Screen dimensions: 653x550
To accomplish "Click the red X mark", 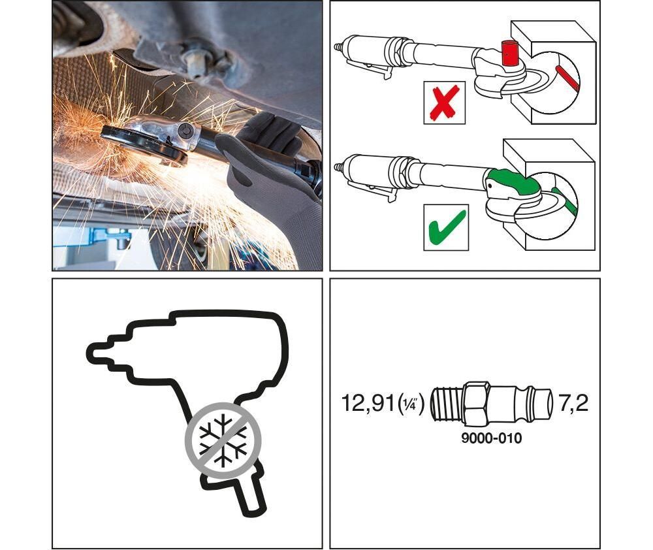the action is pos(444,103).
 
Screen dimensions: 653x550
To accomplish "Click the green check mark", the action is pos(447,227).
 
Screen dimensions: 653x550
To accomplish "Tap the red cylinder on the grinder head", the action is pos(510,54).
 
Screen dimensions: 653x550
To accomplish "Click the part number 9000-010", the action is pos(492,438).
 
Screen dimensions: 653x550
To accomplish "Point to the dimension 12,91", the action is pos(368,403).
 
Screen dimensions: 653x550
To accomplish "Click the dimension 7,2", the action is pos(573,403).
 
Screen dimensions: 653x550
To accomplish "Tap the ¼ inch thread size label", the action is pos(411,403).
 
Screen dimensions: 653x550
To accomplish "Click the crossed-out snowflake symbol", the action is pos(223,440).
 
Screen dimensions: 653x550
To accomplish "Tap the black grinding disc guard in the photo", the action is pos(144,144).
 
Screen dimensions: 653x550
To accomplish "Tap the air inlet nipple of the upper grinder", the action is pos(339,46).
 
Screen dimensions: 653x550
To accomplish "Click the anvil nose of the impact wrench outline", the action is pos(100,354).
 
